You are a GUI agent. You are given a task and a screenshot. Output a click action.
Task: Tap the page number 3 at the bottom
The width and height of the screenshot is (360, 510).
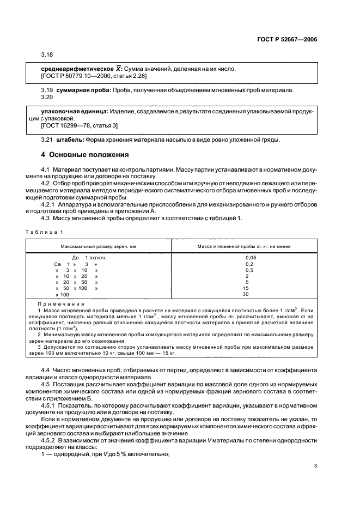(315, 466)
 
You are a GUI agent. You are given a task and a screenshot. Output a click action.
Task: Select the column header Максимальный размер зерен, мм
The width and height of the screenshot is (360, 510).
(99, 246)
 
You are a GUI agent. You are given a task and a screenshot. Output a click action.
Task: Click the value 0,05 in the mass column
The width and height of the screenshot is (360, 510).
(251, 257)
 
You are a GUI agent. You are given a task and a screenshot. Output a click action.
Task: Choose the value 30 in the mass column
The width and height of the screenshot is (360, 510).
(246, 294)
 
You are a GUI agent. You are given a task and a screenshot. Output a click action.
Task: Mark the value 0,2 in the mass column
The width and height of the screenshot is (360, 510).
(249, 263)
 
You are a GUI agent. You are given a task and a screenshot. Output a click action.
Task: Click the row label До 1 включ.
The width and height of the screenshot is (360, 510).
(89, 257)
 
